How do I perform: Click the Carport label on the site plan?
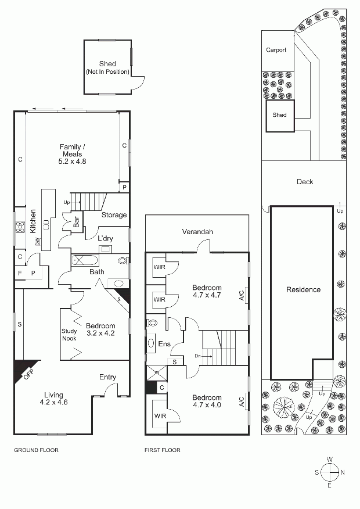276,50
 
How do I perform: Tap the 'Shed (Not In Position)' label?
107,67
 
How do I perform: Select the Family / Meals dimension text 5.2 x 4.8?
73,162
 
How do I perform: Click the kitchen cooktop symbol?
20,226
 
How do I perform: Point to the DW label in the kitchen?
38,242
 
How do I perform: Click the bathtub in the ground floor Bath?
84,261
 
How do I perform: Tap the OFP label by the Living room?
28,375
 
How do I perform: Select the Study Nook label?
69,335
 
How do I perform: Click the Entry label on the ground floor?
107,377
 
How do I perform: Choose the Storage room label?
114,215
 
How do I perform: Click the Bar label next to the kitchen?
77,222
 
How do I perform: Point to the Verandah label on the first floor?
197,232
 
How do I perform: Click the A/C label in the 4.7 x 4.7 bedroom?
242,294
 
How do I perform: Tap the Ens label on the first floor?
164,344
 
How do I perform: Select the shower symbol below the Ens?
157,372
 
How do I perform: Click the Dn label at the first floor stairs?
198,356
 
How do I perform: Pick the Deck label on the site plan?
305,182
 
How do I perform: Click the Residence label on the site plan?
303,289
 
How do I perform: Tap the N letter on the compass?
343,472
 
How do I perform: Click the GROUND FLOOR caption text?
37,450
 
